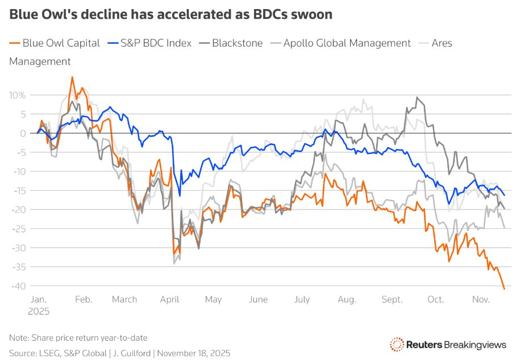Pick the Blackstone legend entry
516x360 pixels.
pos(234,43)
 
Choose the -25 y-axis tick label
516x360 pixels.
pos(19,228)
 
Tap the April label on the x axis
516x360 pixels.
pos(170,300)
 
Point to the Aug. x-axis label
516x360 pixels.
pos(347,300)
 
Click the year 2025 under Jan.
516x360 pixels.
pos(38,311)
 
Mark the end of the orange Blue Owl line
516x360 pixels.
pos(504,289)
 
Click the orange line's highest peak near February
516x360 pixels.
pos(72,77)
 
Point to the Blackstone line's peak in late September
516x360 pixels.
pos(417,97)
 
